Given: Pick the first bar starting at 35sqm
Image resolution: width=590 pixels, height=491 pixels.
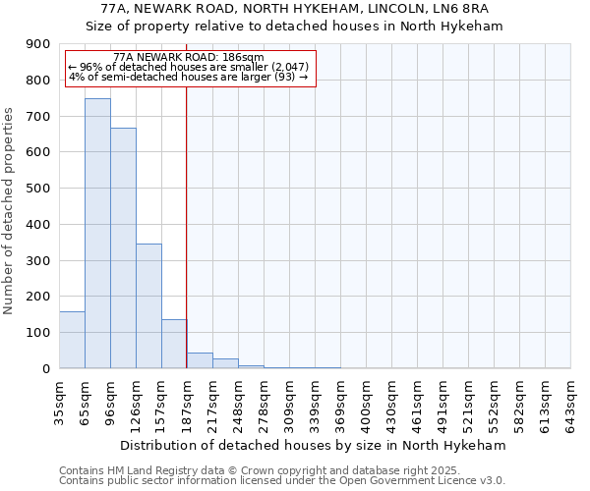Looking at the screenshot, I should click(x=72, y=340).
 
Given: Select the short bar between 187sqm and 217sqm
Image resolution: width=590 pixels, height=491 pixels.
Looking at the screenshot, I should click(x=200, y=360).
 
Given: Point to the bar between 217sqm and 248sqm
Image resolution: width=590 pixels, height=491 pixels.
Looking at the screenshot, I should click(x=225, y=363).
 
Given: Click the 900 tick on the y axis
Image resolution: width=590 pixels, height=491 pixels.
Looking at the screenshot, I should click(x=38, y=44).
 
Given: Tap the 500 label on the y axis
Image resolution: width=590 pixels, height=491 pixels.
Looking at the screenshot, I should click(x=38, y=189).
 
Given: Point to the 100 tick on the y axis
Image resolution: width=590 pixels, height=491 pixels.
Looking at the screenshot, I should click(x=38, y=333).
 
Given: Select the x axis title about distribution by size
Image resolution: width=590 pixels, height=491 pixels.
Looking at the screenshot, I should click(x=315, y=445).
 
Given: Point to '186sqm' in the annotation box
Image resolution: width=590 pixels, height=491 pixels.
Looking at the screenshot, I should click(x=244, y=58).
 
